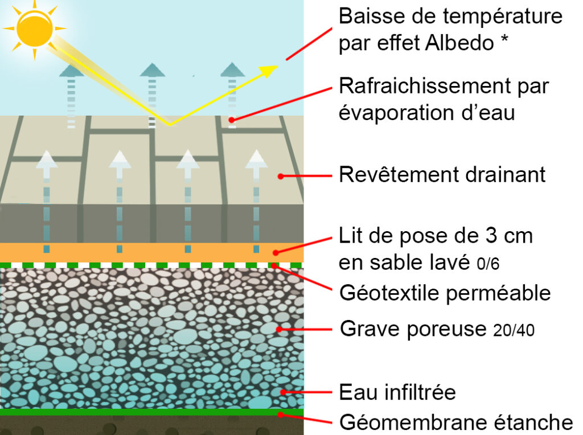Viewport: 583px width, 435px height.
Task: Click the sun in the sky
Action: pyautogui.click(x=35, y=28)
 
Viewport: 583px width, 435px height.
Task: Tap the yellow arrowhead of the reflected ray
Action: pyautogui.click(x=269, y=71)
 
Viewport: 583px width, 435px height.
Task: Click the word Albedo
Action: pyautogui.click(x=459, y=42)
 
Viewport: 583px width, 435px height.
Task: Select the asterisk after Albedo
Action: pyautogui.click(x=504, y=39)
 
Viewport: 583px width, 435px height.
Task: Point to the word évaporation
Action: pyautogui.click(x=396, y=113)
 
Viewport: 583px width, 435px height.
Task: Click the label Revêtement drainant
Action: pyautogui.click(x=442, y=174)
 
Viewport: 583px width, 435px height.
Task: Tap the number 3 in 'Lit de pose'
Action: pyautogui.click(x=491, y=236)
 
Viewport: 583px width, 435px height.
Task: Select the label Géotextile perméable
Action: pyautogui.click(x=445, y=293)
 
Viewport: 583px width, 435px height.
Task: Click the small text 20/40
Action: pyautogui.click(x=514, y=330)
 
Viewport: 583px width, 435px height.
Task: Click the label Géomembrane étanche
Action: pyautogui.click(x=456, y=422)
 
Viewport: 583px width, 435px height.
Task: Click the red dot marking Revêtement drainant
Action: pyautogui.click(x=281, y=177)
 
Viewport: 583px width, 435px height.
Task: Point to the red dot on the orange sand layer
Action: pyautogui.click(x=276, y=253)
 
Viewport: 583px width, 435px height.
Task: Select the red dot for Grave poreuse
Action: pyautogui.click(x=279, y=329)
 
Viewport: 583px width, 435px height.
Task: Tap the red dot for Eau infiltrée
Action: pyautogui.click(x=284, y=392)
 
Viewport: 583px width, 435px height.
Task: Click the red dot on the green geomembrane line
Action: pyautogui.click(x=281, y=414)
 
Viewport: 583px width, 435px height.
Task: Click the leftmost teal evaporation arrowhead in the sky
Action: pyautogui.click(x=71, y=71)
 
